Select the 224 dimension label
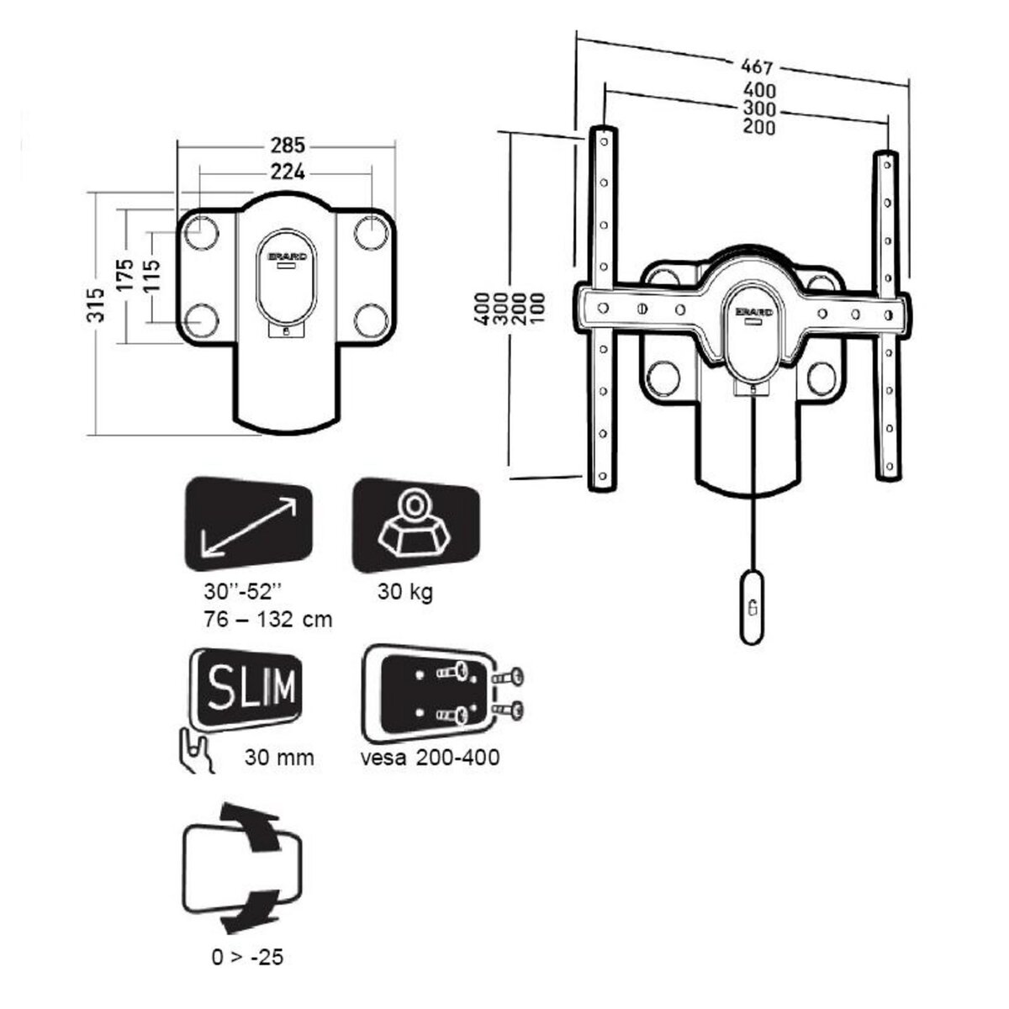(x=287, y=172)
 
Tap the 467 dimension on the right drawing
(x=756, y=66)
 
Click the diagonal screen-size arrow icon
(x=248, y=526)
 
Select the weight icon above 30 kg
(x=415, y=526)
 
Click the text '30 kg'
(x=405, y=592)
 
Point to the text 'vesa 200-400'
(x=430, y=757)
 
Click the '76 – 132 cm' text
(x=267, y=620)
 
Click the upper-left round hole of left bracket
(x=200, y=232)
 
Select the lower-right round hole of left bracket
(x=369, y=320)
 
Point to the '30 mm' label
(x=280, y=757)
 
